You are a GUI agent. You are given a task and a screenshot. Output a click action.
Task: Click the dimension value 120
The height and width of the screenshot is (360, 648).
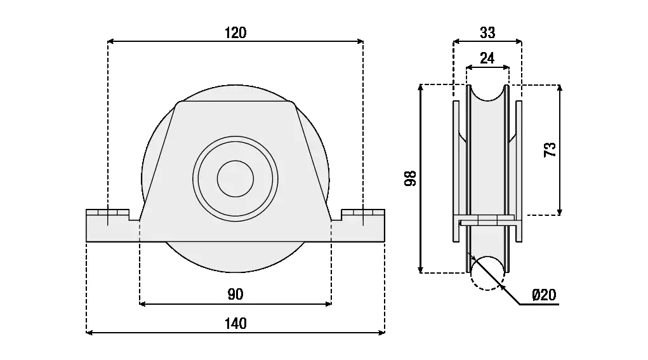tap(235, 33)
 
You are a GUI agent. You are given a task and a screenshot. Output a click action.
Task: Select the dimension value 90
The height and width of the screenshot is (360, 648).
tap(235, 294)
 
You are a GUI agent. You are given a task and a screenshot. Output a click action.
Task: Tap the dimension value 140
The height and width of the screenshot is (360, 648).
tap(235, 323)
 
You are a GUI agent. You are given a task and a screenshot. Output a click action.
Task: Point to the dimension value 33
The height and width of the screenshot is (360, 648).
tap(487, 32)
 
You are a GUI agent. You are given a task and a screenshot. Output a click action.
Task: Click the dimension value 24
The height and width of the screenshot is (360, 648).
tap(487, 58)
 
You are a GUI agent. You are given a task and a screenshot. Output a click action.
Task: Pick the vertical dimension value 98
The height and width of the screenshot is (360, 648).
tap(411, 178)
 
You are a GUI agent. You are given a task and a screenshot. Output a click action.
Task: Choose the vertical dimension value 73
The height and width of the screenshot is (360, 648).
tap(550, 150)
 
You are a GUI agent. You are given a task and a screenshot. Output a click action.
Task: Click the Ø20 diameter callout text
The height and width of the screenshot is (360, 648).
tap(544, 295)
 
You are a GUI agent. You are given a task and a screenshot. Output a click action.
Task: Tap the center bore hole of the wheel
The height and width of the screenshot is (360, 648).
tap(235, 178)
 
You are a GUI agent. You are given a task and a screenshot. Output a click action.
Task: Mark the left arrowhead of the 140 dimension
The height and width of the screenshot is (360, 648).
tap(89, 332)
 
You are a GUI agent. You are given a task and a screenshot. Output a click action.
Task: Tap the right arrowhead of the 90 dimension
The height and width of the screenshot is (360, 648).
tap(328, 304)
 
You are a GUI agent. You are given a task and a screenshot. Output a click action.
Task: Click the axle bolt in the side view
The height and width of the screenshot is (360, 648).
tap(487, 222)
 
